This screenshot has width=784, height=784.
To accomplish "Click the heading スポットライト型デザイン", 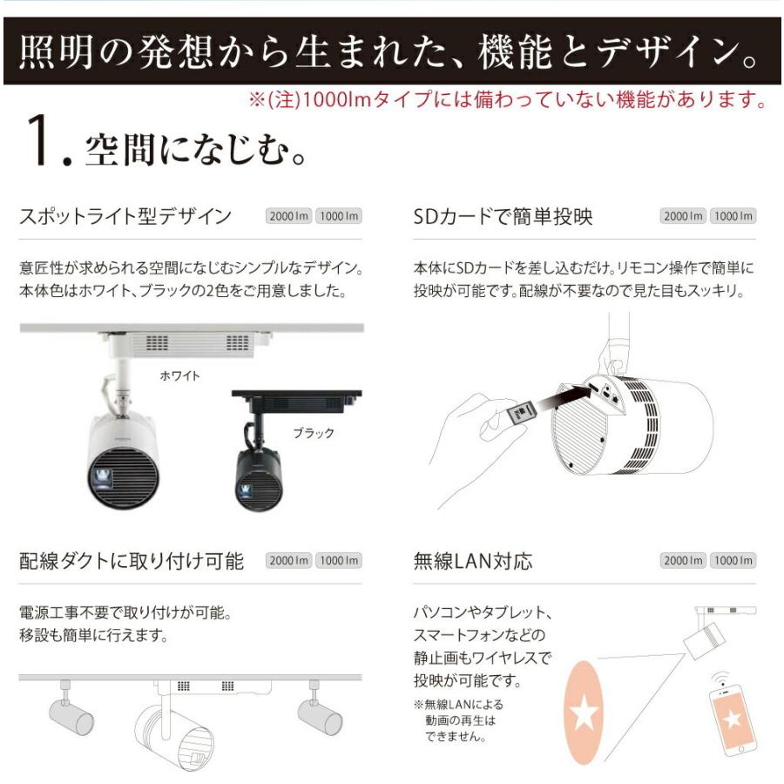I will coord(125,216).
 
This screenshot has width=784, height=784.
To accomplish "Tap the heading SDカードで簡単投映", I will coord(503,216).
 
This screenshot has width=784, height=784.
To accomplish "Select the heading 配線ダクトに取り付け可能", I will coord(132,560).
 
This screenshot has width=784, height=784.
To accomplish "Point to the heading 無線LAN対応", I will coord(472,560).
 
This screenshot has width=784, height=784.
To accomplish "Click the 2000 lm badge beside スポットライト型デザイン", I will coord(288,217).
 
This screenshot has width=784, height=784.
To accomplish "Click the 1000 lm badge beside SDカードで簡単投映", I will coord(733,217).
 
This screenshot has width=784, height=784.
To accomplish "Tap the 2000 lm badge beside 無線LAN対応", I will coord(683,561).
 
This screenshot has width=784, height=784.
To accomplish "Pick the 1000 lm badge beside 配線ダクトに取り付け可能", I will coord(338,561).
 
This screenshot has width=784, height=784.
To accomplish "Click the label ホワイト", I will coord(180,375).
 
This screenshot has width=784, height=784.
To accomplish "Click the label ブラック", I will coord(313,433).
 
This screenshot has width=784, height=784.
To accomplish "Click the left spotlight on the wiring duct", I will coord(70,713).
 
